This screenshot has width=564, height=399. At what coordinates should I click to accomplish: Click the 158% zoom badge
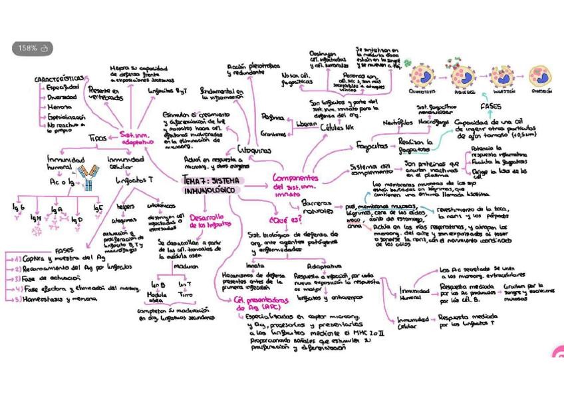coord(32,49)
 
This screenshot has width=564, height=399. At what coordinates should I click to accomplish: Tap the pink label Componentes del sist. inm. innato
coord(295,186)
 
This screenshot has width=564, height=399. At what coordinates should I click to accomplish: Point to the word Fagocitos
coord(372,145)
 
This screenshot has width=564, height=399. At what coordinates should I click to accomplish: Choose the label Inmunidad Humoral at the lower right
coord(414,294)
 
